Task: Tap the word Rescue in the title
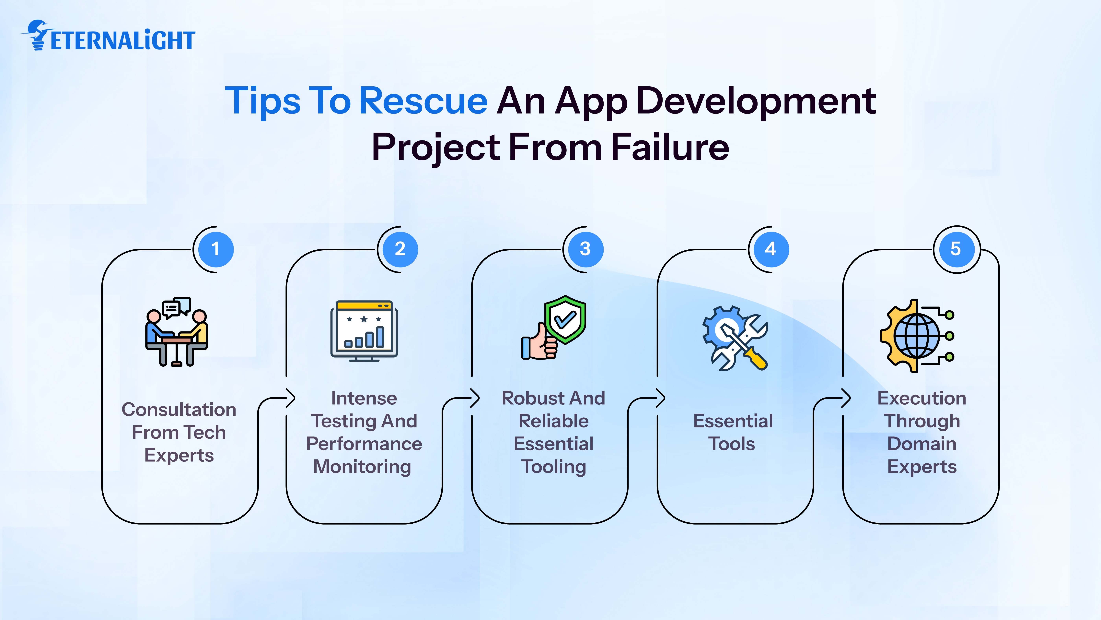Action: point(423,101)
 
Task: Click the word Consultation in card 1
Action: point(179,410)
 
